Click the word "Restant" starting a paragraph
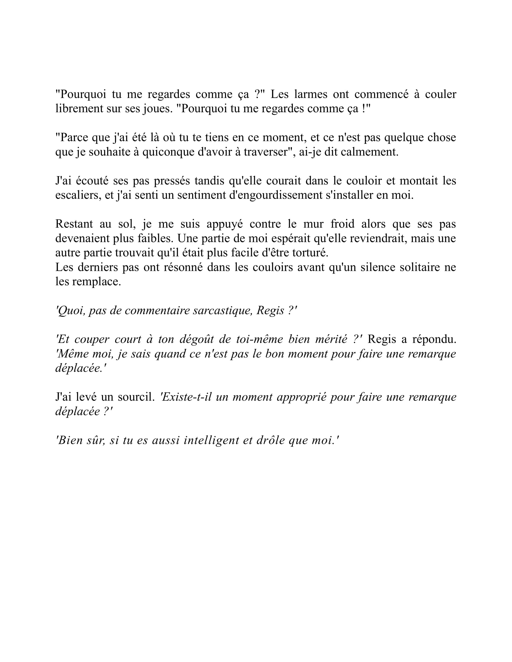[x=74, y=224]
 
